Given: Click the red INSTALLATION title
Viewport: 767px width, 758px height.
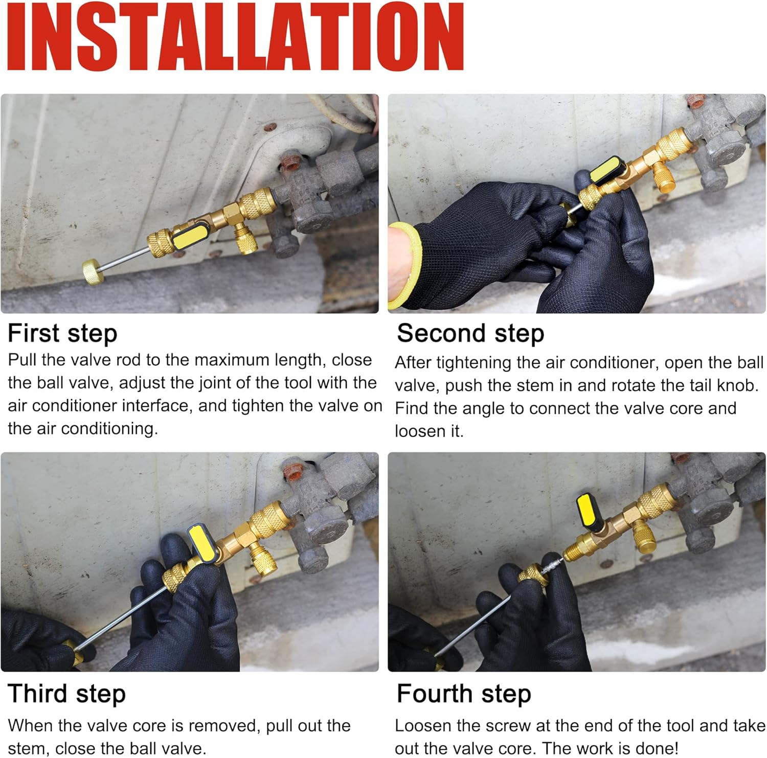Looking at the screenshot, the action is click(x=236, y=36).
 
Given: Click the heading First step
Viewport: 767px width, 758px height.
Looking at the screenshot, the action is click(x=62, y=334).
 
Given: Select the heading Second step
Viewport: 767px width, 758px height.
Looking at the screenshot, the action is click(x=470, y=334).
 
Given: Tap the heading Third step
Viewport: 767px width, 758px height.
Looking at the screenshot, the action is click(x=66, y=694).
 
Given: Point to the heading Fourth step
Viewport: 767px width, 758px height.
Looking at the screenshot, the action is click(x=464, y=694).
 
